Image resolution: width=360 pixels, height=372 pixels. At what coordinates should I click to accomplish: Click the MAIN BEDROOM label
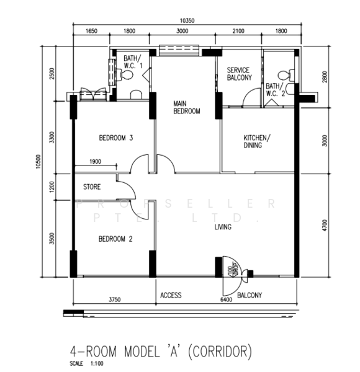(186, 107)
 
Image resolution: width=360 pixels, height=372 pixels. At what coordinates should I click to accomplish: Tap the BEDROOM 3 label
(116, 138)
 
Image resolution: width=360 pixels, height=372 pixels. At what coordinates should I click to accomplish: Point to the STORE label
(92, 186)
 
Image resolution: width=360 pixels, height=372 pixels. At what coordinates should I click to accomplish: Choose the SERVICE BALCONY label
(238, 74)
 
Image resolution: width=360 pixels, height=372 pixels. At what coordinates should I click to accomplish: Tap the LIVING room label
(222, 228)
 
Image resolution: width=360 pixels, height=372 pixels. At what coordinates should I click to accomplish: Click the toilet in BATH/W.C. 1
(127, 74)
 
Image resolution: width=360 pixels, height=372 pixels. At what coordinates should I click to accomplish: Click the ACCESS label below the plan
(171, 295)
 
